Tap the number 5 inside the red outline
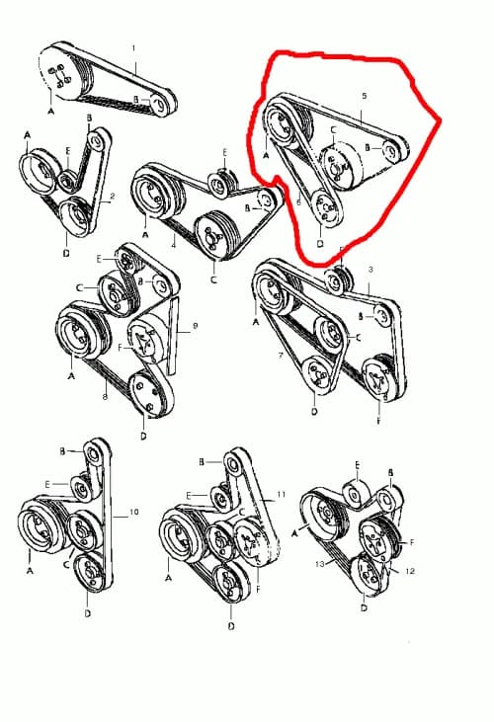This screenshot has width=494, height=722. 365,97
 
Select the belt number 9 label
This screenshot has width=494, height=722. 196,325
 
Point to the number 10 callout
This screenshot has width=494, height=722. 134,514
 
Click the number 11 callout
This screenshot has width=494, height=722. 281,493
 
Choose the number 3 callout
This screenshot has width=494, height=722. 370,269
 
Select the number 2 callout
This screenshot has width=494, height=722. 113,197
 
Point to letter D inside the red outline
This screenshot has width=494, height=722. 320,243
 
